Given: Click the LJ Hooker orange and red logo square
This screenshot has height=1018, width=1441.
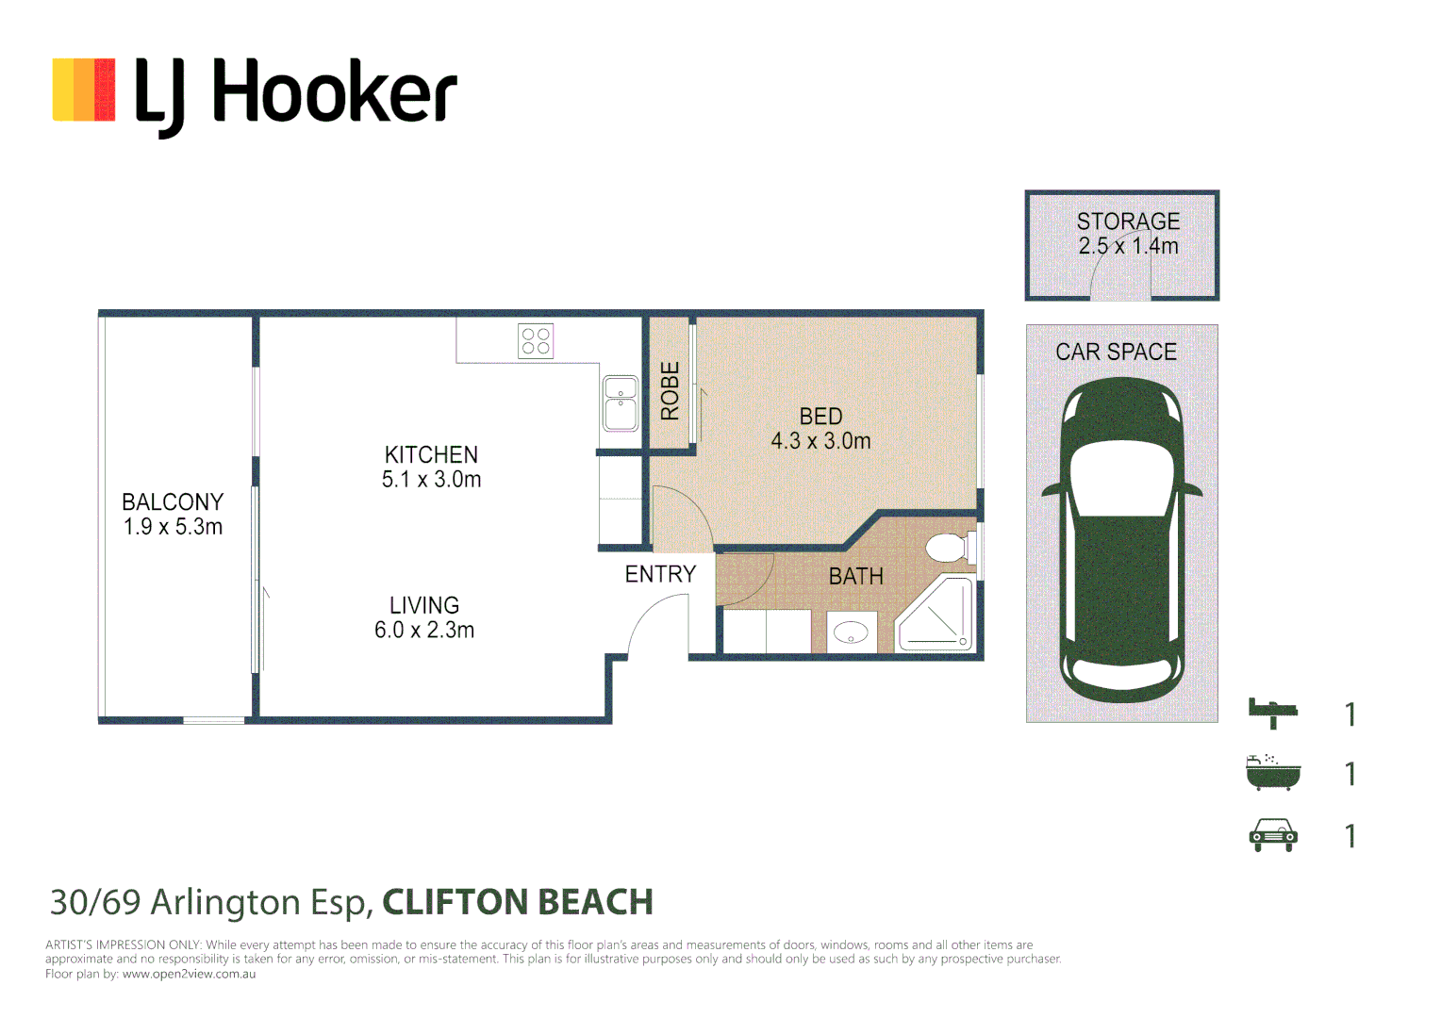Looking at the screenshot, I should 84,90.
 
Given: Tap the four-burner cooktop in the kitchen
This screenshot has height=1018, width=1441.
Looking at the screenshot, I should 536,341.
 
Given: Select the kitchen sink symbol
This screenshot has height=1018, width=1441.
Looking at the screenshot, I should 620,403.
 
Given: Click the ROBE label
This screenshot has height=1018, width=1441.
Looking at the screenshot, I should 670,391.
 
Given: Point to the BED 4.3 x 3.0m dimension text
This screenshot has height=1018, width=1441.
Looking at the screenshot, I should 820,441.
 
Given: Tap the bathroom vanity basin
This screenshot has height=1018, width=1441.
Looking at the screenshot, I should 852,632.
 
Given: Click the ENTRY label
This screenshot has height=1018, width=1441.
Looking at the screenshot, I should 660,574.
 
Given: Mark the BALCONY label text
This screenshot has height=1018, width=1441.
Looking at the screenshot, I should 173,502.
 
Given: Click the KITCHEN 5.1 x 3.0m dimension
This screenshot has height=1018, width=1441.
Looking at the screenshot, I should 431,480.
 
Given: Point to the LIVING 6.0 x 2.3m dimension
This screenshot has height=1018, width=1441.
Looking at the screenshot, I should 424,631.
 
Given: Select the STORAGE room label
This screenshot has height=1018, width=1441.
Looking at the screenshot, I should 1128,222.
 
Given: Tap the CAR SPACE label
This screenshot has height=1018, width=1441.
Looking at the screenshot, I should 1116,352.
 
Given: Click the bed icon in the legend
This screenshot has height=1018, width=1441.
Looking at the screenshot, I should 1272,713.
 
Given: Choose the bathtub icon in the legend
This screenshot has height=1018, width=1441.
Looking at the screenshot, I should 1272,773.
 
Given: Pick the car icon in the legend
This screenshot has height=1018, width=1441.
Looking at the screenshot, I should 1272,835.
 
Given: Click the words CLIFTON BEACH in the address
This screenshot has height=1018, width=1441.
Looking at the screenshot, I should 517,902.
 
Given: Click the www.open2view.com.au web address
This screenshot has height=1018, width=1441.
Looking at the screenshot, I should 189,974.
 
